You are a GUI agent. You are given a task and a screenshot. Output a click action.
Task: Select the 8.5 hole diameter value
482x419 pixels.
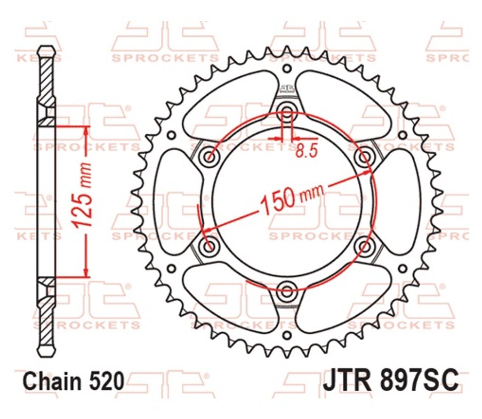tap(306, 151)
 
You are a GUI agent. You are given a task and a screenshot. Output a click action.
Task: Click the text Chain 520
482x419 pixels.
tap(74, 381)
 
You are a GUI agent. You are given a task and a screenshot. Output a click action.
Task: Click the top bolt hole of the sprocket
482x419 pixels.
tap(287, 111)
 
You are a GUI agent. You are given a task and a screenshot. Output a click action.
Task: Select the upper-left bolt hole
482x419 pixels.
tap(210, 156)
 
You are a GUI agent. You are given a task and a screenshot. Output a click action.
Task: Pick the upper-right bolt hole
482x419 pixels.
tap(365, 156)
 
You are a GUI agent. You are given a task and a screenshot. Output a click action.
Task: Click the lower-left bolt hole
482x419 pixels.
tap(210, 246)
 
